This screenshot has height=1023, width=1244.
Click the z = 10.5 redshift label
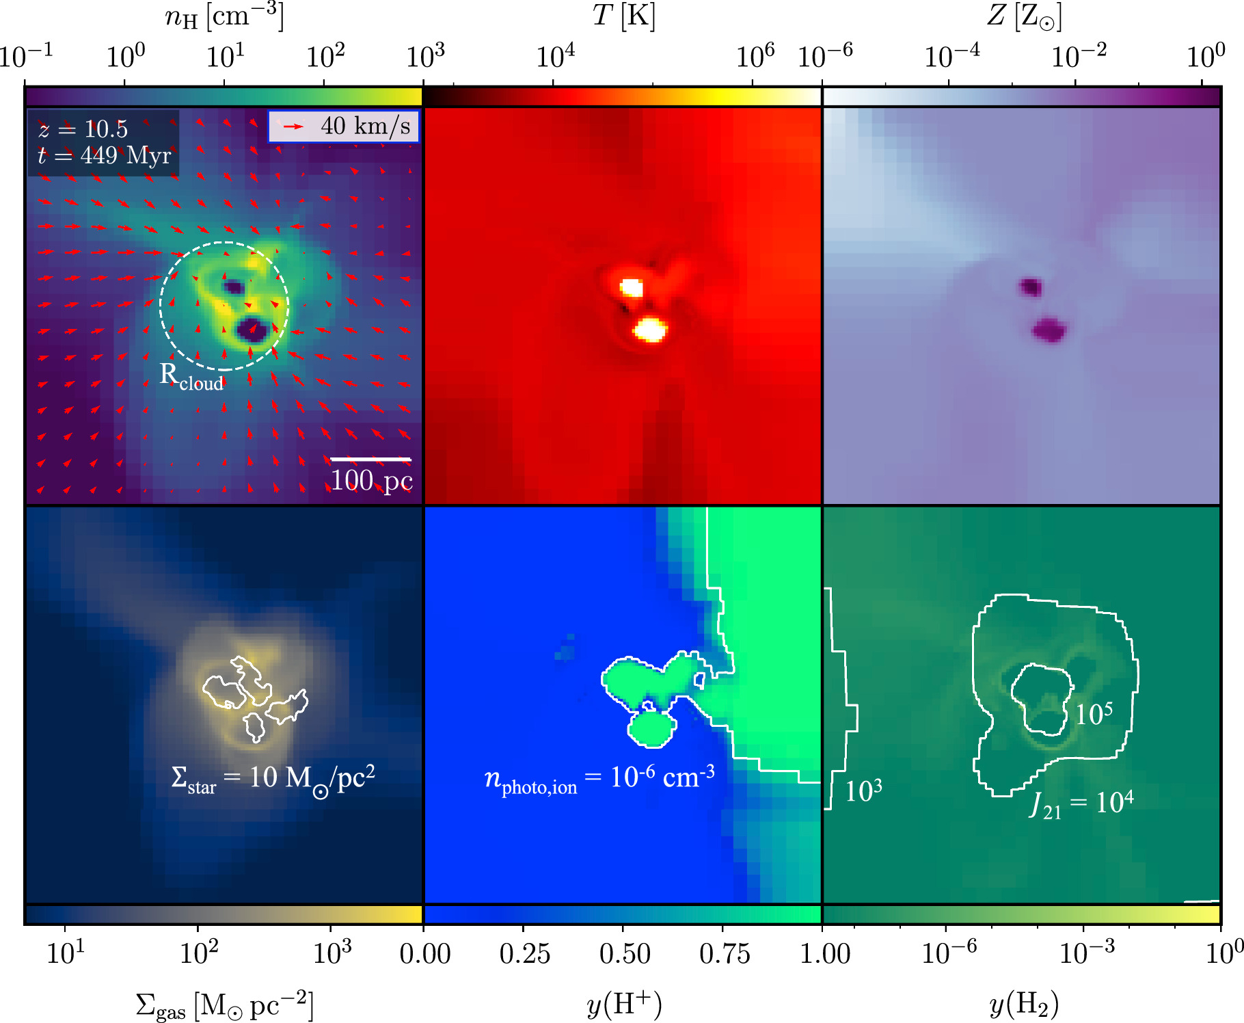[x=83, y=129]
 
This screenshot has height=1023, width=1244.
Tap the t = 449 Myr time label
[x=104, y=156]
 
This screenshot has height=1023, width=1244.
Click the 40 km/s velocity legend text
[x=365, y=126]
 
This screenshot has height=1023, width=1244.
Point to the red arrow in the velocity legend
[x=293, y=127]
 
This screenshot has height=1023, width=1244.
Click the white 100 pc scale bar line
[x=370, y=459]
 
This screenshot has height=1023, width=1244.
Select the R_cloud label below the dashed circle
[x=191, y=377]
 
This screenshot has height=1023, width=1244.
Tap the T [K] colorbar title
[x=623, y=15]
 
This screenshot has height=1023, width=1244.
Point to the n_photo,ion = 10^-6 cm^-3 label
[x=599, y=779]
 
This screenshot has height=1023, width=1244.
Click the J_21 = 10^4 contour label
[x=1081, y=803]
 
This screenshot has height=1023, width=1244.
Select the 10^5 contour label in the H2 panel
[x=1094, y=715]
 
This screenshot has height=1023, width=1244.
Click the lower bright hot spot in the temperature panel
[x=649, y=330]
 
